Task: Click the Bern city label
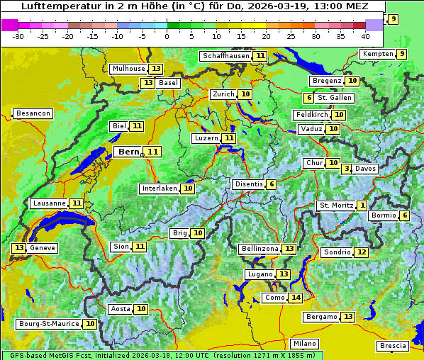pos(128,152)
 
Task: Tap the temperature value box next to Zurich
pos(245,94)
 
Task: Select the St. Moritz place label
pos(335,206)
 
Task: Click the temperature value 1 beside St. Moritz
pos(362,206)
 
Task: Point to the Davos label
pos(365,169)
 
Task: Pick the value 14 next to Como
pos(295,298)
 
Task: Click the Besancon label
pos(33,113)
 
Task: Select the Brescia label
pos(393,346)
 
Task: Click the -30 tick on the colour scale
pos(18,36)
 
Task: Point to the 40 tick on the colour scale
pos(365,36)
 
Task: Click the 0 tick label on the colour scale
pos(167,36)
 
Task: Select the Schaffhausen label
pos(225,56)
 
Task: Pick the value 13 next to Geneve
pos(18,248)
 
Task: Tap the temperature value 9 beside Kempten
pos(401,54)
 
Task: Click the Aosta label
pos(121,309)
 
